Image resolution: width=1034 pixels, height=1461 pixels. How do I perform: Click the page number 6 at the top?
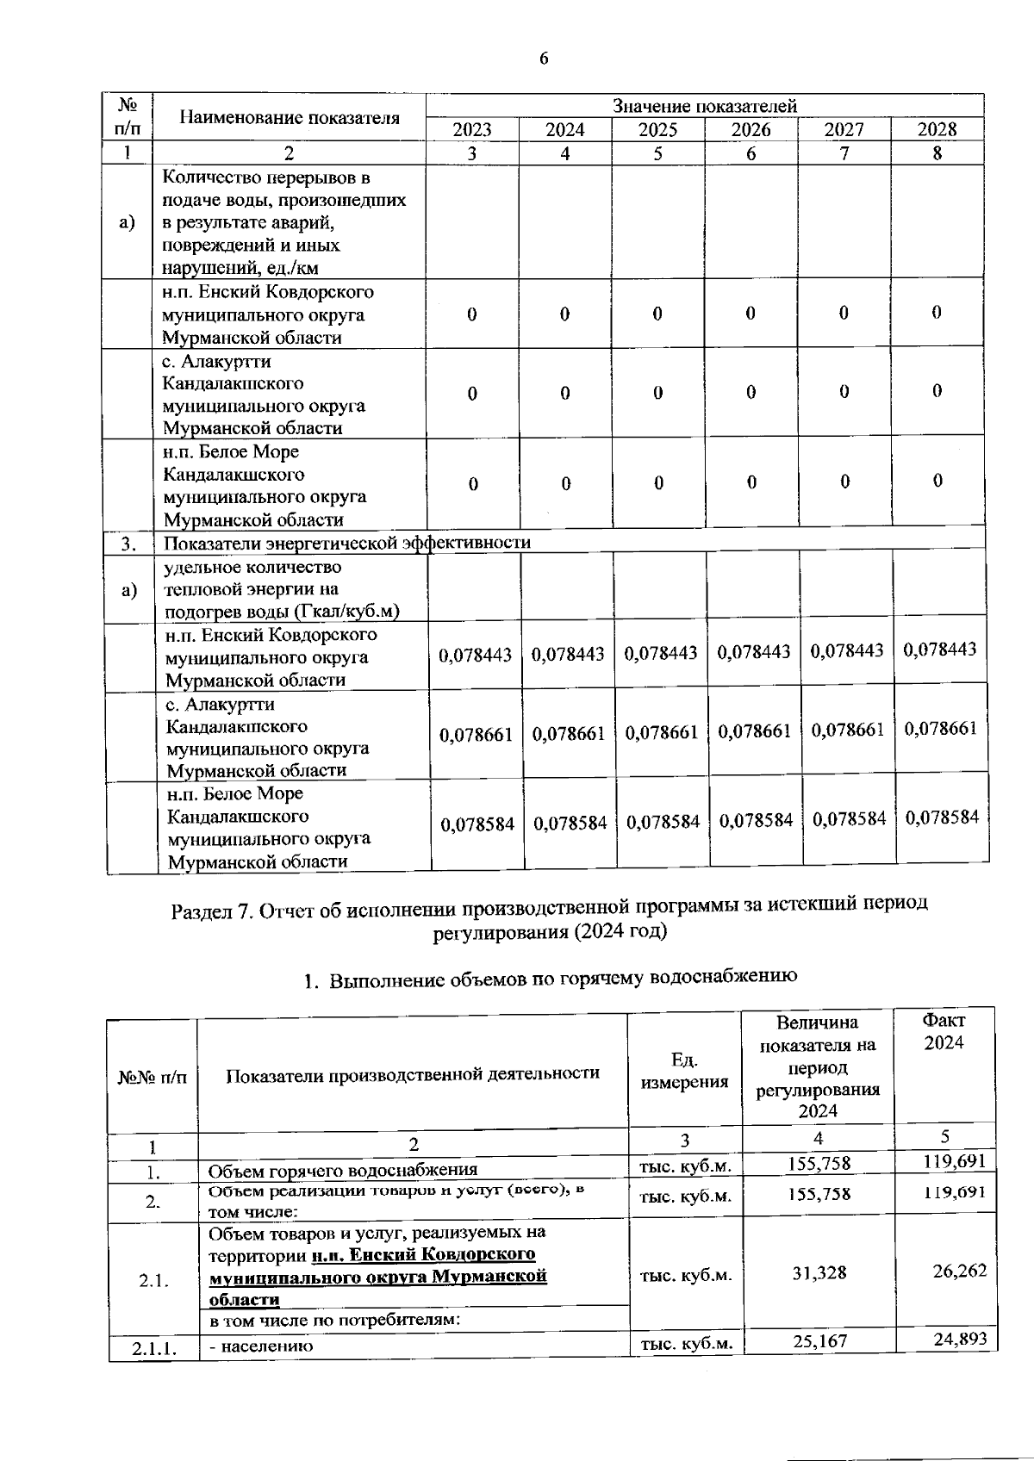(x=543, y=59)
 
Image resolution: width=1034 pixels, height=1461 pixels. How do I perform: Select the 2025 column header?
(x=657, y=129)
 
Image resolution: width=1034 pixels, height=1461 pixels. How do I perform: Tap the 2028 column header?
(x=937, y=129)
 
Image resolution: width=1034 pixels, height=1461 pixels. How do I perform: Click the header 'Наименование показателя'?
(x=289, y=118)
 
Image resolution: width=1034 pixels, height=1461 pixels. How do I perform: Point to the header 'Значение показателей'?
(x=704, y=106)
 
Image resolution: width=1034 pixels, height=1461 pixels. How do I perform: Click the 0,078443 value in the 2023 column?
(x=475, y=656)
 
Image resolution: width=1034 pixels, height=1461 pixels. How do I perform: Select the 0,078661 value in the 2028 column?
(x=940, y=729)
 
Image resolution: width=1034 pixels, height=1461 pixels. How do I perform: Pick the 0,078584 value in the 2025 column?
(x=663, y=822)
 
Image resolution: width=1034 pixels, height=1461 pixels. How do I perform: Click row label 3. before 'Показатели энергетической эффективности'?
(x=129, y=544)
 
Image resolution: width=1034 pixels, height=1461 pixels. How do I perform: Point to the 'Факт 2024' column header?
(x=944, y=1031)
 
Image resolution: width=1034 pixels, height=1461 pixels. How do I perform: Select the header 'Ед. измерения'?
(x=684, y=1071)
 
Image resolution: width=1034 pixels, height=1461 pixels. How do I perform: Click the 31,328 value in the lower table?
(x=819, y=1273)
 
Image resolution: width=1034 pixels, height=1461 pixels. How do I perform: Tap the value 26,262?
(x=959, y=1271)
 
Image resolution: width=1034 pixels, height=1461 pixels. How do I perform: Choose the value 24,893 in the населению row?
(x=960, y=1340)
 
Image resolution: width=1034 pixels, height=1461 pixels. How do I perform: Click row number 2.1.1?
(x=153, y=1348)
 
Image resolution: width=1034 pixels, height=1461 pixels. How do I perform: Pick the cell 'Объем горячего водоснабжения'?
(x=342, y=1171)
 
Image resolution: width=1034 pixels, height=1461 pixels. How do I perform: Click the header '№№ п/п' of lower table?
(x=152, y=1077)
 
